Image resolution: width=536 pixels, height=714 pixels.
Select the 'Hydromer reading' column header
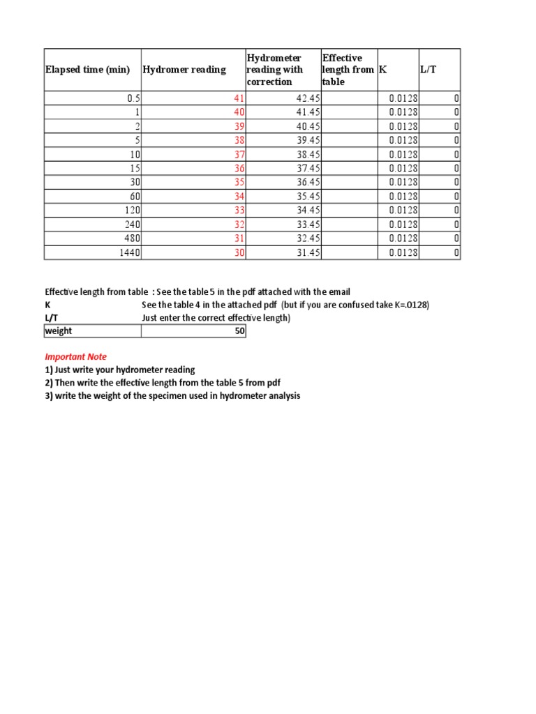pyautogui.click(x=184, y=70)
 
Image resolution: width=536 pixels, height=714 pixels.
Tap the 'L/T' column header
pyautogui.click(x=428, y=70)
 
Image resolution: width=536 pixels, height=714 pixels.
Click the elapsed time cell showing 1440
pyautogui.click(x=129, y=252)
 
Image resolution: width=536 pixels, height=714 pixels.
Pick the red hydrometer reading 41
pyautogui.click(x=239, y=98)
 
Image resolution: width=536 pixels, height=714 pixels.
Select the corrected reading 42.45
pyautogui.click(x=308, y=98)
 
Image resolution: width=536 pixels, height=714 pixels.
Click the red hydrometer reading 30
pyautogui.click(x=239, y=252)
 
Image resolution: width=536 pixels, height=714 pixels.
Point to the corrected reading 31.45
pyautogui.click(x=308, y=252)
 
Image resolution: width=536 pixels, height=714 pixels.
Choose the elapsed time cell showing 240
pyautogui.click(x=132, y=225)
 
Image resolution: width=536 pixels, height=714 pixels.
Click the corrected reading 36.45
pyautogui.click(x=308, y=183)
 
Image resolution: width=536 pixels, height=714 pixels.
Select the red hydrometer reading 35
pyautogui.click(x=239, y=183)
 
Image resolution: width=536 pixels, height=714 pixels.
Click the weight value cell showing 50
pyautogui.click(x=239, y=331)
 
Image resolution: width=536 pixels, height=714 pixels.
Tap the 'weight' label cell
pyautogui.click(x=59, y=331)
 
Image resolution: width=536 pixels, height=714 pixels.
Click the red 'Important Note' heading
pyautogui.click(x=76, y=356)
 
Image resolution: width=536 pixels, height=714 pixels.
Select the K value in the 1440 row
pyautogui.click(x=403, y=252)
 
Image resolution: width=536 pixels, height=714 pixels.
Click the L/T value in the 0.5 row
pyautogui.click(x=456, y=98)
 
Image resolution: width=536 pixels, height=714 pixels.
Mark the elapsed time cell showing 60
pyautogui.click(x=134, y=197)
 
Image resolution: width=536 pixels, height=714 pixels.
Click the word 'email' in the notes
pyautogui.click(x=338, y=291)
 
